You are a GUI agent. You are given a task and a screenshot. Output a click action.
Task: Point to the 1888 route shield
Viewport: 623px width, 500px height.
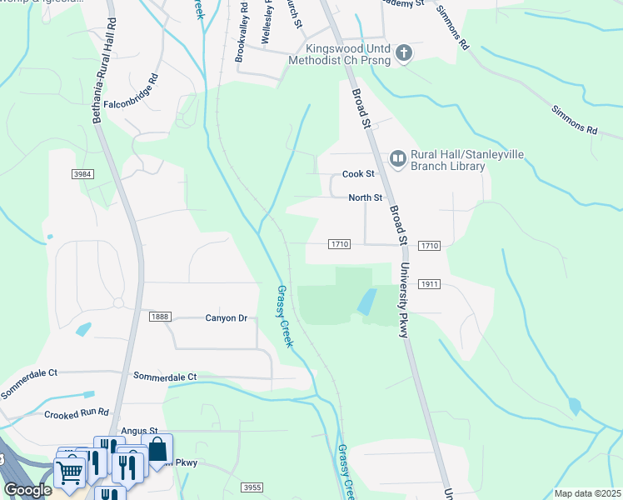click(161, 317)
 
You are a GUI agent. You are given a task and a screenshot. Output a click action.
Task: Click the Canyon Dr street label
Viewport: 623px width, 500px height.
click(227, 317)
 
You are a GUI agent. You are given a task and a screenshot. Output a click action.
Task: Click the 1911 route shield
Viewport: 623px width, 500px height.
click(429, 284)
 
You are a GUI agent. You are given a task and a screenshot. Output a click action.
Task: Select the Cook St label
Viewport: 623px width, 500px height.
click(359, 174)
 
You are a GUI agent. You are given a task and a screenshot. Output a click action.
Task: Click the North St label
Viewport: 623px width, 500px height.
click(365, 197)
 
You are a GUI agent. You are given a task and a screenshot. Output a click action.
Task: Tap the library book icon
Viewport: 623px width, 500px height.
click(398, 158)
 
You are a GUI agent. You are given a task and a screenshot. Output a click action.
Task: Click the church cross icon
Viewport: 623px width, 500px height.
click(404, 54)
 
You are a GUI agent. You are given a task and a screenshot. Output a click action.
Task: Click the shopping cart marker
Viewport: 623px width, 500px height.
click(70, 472)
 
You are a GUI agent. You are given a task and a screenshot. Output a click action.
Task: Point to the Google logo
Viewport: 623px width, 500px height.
click(27, 490)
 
